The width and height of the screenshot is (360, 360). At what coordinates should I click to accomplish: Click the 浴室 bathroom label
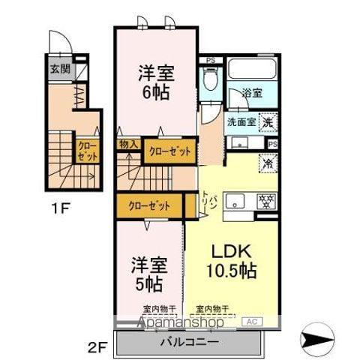[x=251, y=94]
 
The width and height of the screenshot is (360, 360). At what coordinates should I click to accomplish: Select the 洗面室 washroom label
[x=240, y=121]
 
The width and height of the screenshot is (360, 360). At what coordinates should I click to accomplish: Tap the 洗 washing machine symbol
[x=268, y=119]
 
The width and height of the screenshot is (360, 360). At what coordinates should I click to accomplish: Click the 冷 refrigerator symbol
[x=267, y=161]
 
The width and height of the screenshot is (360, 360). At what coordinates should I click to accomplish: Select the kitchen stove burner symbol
[x=263, y=200]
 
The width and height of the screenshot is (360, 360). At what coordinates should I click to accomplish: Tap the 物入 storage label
[x=128, y=144]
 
